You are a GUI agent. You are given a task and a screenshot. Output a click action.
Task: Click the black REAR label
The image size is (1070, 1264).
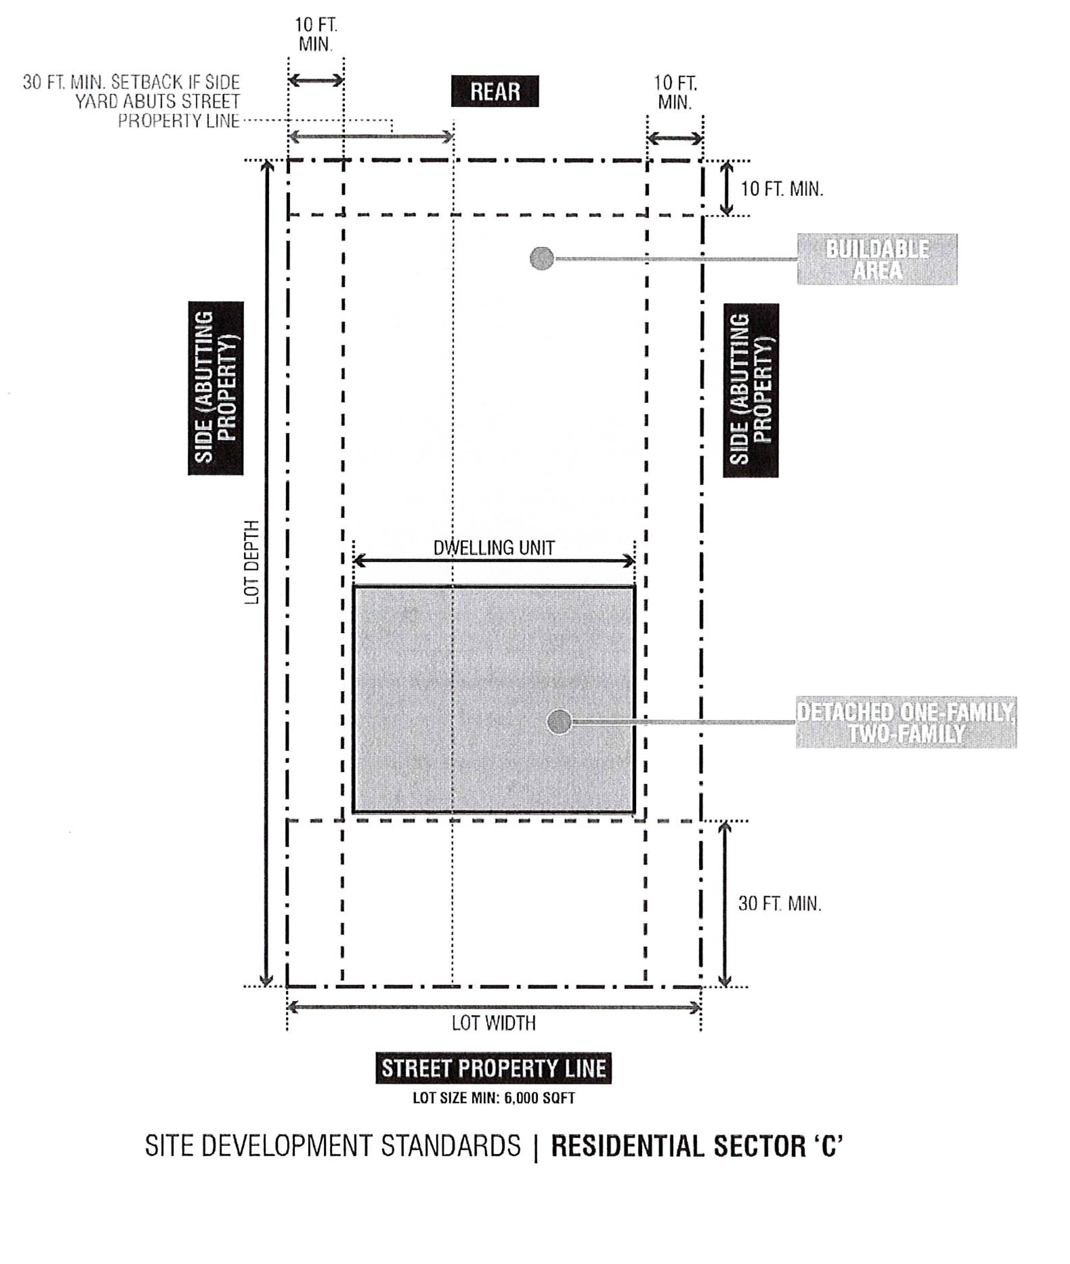tap(495, 91)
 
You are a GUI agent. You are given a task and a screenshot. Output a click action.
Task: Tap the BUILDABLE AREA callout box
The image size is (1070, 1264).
tap(877, 259)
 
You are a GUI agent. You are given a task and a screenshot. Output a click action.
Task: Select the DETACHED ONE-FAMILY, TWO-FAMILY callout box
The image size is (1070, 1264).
tap(906, 722)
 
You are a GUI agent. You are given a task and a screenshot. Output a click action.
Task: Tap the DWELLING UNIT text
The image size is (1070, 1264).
tap(494, 548)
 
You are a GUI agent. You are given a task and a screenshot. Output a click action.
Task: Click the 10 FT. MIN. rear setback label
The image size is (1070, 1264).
tap(782, 189)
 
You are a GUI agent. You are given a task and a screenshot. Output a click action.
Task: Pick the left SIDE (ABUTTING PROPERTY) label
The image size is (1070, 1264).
tap(215, 388)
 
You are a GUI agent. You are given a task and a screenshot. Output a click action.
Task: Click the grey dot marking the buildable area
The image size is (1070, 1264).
tap(542, 258)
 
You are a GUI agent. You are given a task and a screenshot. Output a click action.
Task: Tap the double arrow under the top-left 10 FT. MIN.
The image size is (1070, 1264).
tap(316, 80)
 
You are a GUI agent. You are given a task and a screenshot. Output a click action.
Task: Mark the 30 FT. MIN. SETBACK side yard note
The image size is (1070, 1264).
tap(132, 101)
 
